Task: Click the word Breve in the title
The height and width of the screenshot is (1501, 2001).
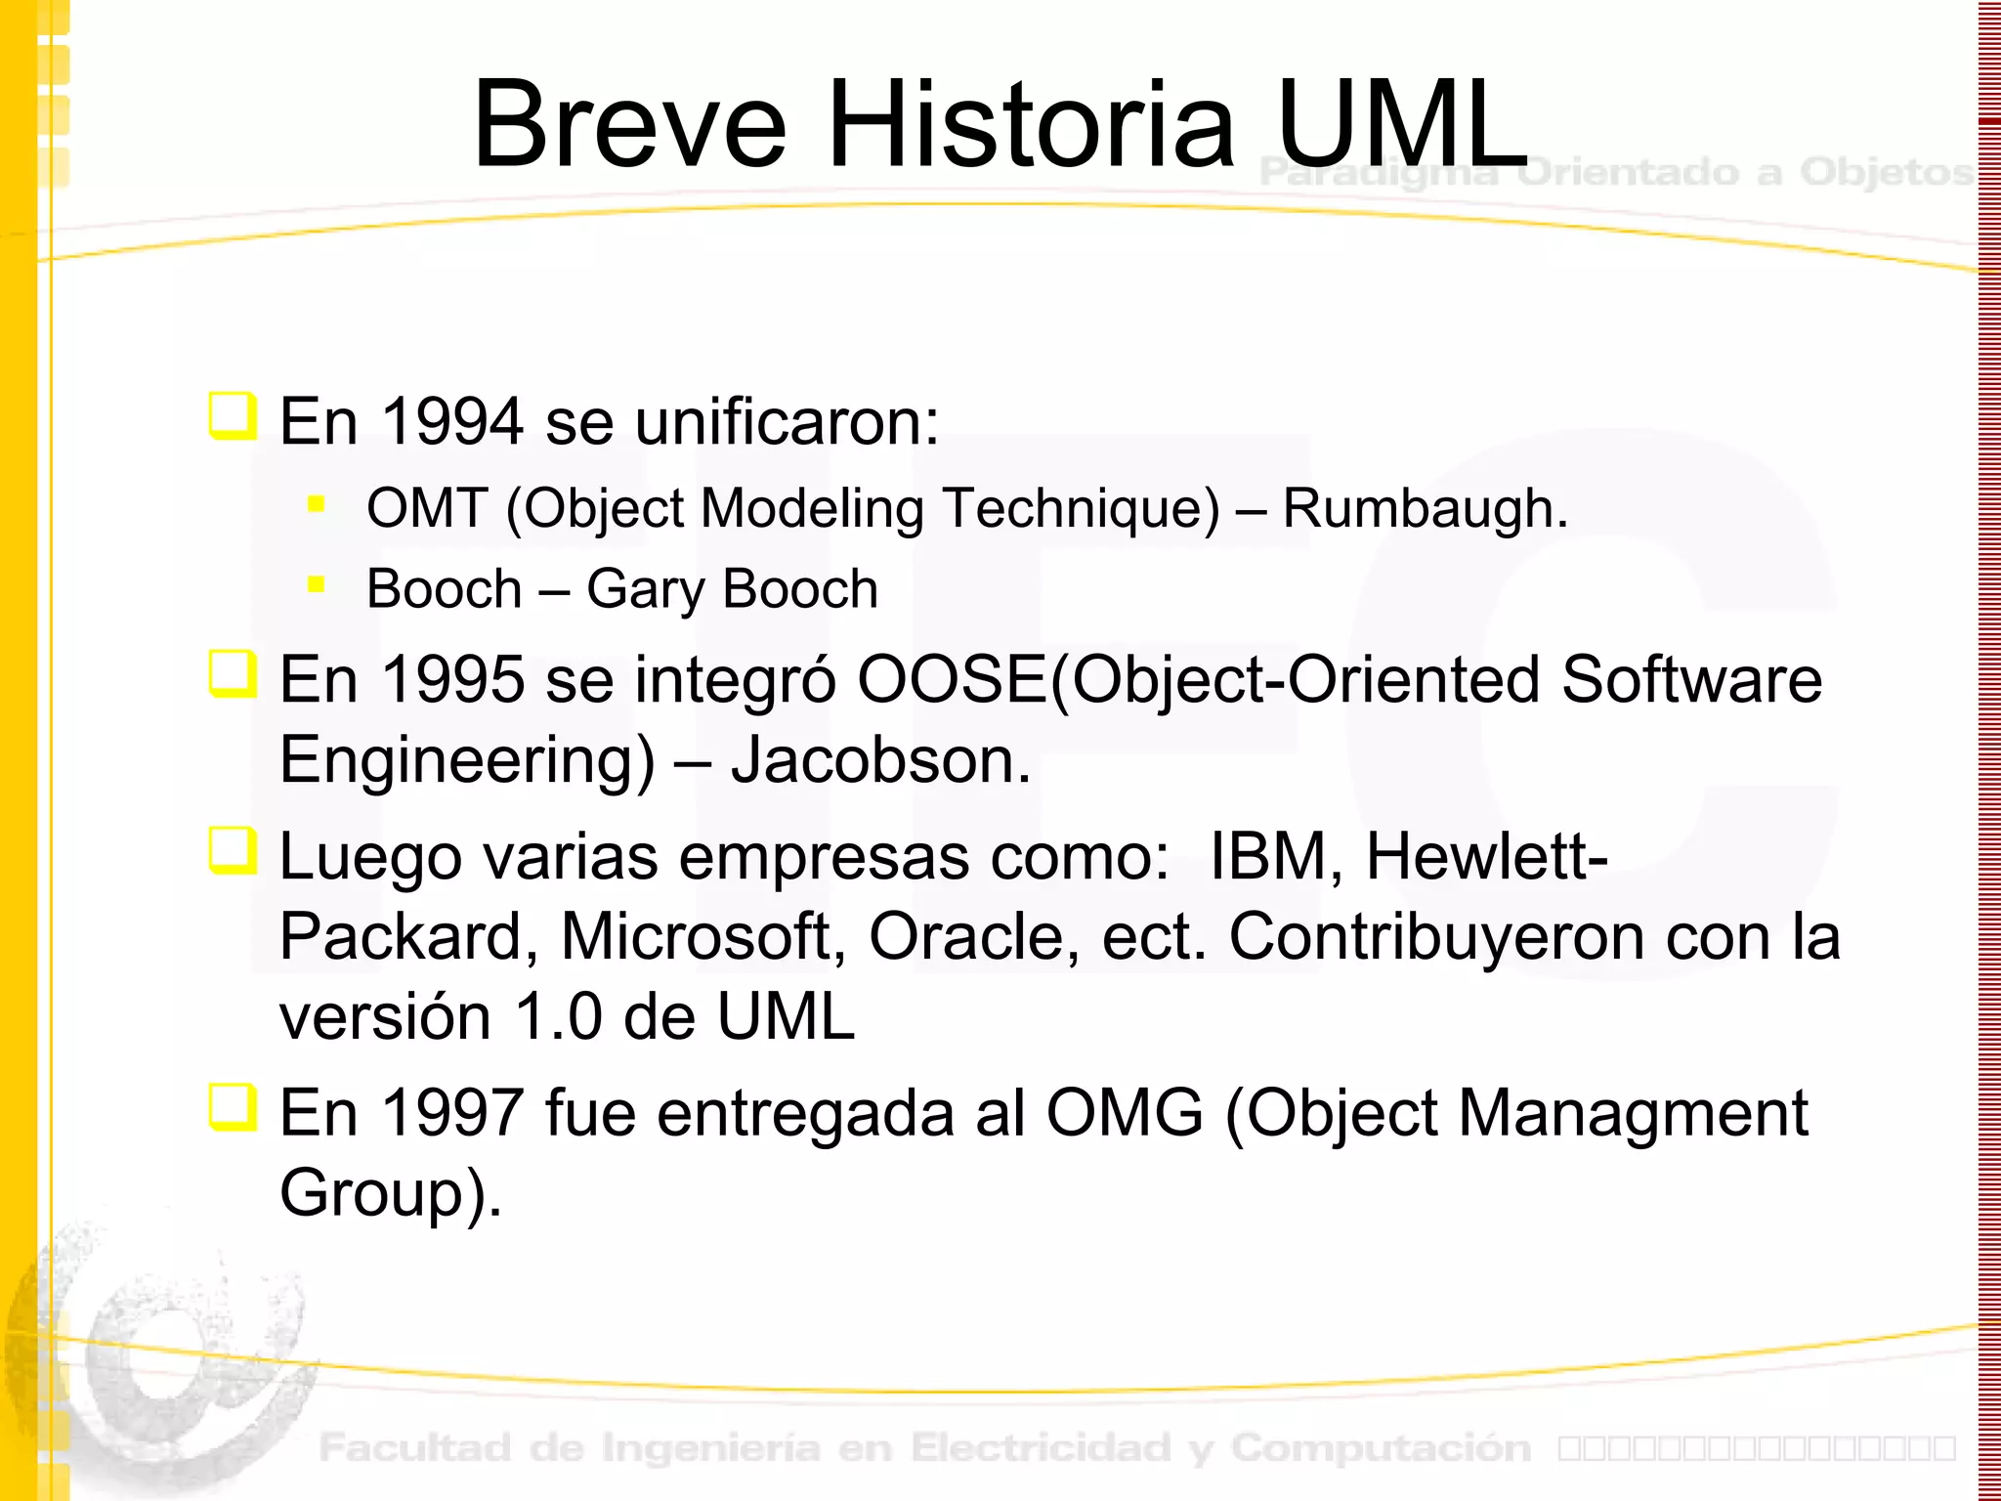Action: coord(629,125)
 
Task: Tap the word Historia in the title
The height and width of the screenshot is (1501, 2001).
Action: coord(1032,125)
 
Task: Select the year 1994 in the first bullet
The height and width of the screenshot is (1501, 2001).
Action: coord(452,422)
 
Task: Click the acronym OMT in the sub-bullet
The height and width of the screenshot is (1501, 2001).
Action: coord(427,508)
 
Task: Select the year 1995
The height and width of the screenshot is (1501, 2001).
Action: coord(452,679)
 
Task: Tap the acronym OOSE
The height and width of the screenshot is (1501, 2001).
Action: coord(953,679)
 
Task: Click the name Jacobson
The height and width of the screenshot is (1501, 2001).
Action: coord(879,760)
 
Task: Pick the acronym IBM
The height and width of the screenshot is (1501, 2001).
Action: coord(1268,857)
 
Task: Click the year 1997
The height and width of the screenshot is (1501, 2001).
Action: coord(452,1113)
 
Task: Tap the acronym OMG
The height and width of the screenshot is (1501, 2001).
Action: coord(1125,1113)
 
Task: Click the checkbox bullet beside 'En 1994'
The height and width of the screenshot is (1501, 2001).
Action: coord(234,416)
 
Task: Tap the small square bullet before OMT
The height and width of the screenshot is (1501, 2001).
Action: coord(316,504)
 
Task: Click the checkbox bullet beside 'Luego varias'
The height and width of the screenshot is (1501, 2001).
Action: coord(234,851)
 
